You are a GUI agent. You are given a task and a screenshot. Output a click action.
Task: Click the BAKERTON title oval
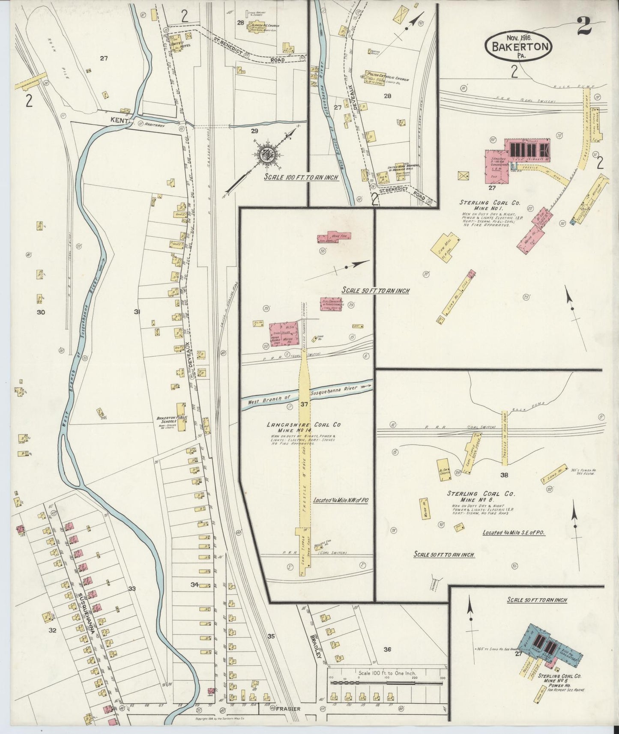click(519, 44)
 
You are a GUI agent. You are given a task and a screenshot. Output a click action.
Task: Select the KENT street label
click(121, 122)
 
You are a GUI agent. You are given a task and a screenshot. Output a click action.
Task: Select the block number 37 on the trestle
click(304, 404)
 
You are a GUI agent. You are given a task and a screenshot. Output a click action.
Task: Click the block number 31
click(137, 312)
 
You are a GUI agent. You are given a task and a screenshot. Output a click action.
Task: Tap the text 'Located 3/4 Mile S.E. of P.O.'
click(516, 533)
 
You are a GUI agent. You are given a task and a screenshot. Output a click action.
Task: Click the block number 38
click(504, 475)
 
